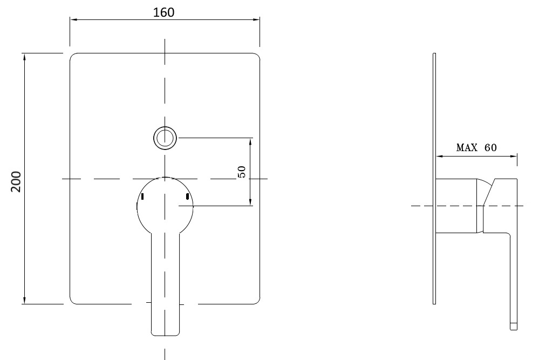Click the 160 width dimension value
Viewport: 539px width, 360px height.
(x=164, y=12)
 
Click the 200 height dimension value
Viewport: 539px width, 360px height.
(x=16, y=182)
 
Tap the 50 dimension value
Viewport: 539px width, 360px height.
(x=242, y=172)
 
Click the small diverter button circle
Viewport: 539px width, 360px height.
(x=165, y=138)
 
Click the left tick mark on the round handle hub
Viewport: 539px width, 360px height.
(x=142, y=197)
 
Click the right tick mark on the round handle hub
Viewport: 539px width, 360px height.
(x=187, y=197)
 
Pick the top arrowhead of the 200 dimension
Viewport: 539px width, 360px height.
(x=24, y=57)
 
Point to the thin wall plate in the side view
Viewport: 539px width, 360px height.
(x=434, y=178)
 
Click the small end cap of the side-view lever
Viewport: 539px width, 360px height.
(x=514, y=325)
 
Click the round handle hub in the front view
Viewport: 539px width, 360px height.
(x=165, y=205)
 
